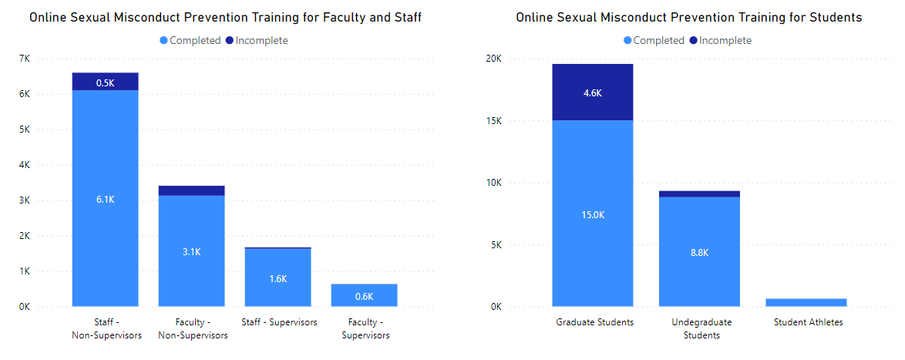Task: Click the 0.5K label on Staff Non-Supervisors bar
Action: click(105, 82)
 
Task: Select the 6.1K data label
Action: click(105, 200)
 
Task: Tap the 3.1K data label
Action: click(191, 251)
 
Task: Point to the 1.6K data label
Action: click(278, 278)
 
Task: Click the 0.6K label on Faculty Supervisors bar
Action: click(364, 296)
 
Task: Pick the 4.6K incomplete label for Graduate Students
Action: click(592, 93)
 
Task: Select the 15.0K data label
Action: click(592, 214)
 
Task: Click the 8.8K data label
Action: click(699, 252)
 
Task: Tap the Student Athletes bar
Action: click(806, 302)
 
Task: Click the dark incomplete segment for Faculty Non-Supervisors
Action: click(191, 190)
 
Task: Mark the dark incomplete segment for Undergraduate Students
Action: click(699, 193)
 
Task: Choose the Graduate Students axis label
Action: click(594, 322)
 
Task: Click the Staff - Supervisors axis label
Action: click(279, 322)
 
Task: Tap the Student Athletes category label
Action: click(809, 322)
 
